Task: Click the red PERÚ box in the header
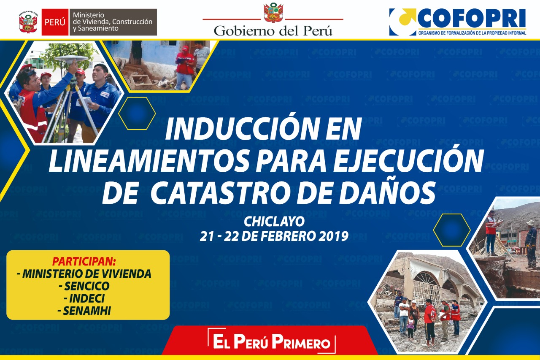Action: (55, 22)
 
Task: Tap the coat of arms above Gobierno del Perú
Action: (273, 13)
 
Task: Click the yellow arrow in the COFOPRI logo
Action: (407, 16)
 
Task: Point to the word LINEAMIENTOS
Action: (148, 161)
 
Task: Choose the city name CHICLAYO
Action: (274, 222)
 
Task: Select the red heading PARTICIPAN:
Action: (84, 262)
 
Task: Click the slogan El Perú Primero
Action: (272, 341)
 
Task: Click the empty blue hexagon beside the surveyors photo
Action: (137, 114)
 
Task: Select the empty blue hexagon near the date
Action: (451, 230)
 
